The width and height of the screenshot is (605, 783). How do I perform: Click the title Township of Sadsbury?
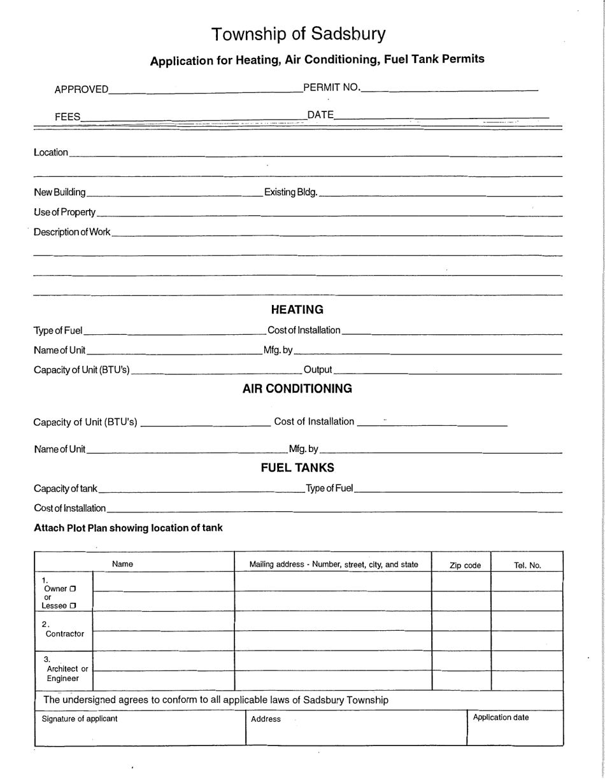point(298,34)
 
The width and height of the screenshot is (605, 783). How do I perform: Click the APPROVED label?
point(82,90)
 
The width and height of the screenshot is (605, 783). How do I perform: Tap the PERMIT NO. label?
point(332,87)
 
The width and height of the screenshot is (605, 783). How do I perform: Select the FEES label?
point(68,116)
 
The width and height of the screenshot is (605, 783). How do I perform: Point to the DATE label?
point(320,115)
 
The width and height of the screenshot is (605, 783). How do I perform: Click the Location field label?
point(50,153)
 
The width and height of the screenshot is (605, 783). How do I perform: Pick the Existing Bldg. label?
point(290,192)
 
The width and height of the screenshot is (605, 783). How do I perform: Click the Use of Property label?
point(64,212)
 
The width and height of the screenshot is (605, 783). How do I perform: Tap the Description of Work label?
point(72,232)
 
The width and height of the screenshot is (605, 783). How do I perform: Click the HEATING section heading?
point(297,310)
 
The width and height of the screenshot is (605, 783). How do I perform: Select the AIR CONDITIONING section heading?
point(297,389)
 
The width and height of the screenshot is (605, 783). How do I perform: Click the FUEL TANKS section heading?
point(297,469)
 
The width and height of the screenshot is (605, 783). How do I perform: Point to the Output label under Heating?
point(318,370)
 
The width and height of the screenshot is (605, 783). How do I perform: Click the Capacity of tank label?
point(65,489)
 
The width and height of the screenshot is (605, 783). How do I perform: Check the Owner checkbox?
point(73,589)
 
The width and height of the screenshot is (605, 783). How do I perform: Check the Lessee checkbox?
point(73,606)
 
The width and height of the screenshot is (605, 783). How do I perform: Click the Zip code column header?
point(465,565)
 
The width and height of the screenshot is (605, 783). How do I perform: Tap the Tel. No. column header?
point(527,565)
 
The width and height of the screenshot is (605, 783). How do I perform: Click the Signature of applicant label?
point(80,719)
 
